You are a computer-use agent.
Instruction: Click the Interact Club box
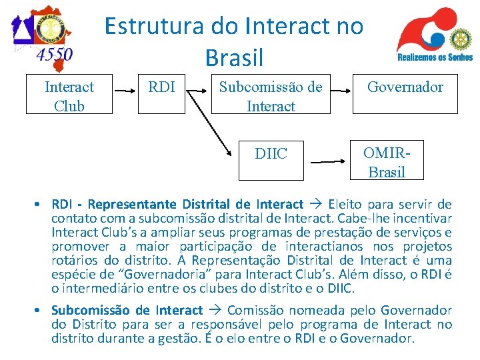(69, 96)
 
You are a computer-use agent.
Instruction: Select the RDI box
(162, 87)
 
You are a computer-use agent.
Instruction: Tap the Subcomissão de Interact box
(271, 96)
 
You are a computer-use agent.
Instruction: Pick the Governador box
(405, 87)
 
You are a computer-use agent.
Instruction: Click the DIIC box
(271, 155)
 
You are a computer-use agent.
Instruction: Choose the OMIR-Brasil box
(386, 162)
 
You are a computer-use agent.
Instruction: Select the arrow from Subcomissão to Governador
(341, 88)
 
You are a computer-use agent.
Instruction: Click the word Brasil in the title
(234, 57)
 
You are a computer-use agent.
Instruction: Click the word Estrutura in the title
(146, 26)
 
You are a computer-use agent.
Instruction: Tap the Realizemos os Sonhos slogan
(435, 57)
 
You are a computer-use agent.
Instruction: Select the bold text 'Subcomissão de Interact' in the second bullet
(127, 310)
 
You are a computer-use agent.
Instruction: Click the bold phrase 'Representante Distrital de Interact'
(195, 204)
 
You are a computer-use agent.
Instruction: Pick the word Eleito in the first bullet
(349, 204)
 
